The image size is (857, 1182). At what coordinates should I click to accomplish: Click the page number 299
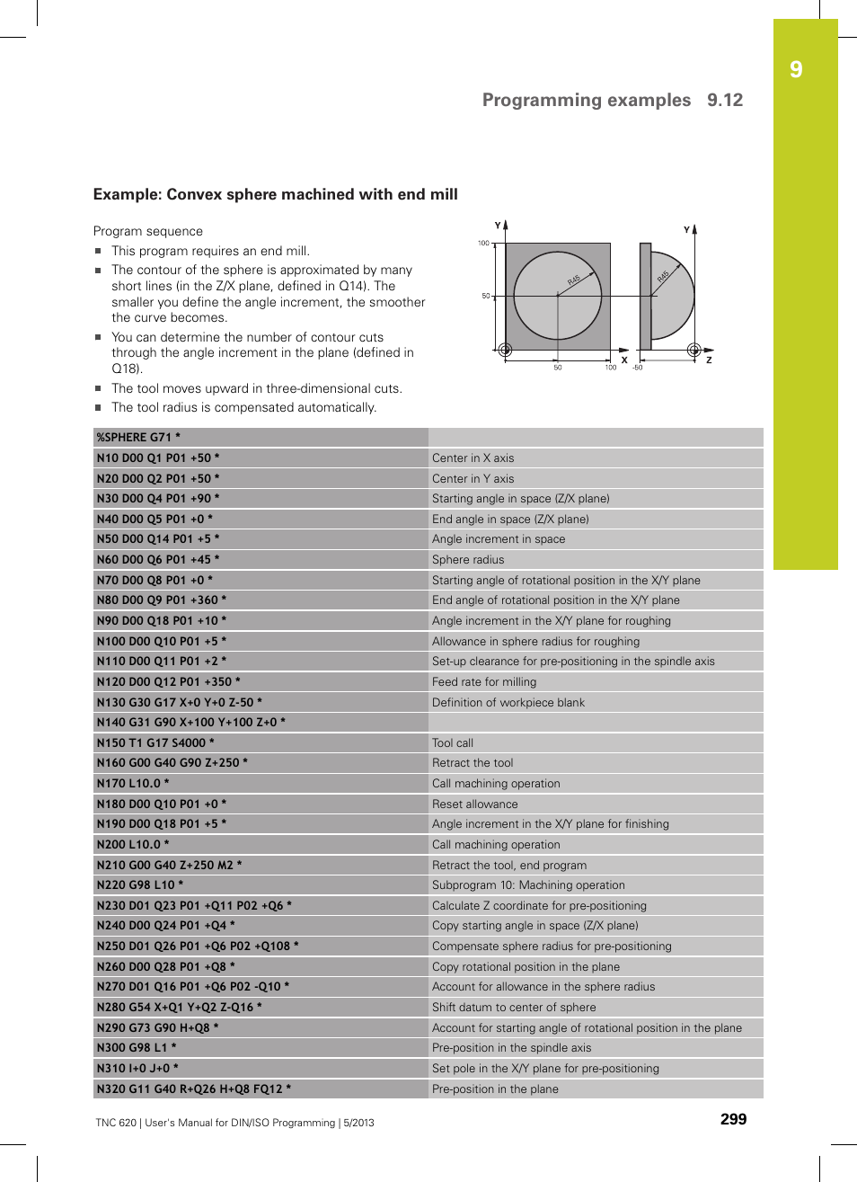point(733,1119)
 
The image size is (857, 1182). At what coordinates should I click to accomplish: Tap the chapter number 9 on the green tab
point(796,70)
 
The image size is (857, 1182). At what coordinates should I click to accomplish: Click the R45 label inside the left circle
point(574,280)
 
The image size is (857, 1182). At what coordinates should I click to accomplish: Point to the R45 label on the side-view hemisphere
point(663,276)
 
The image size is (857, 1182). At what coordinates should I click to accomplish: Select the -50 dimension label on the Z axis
point(638,368)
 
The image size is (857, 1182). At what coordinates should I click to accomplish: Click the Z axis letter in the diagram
point(709,360)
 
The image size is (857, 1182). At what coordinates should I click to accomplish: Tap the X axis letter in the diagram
point(624,360)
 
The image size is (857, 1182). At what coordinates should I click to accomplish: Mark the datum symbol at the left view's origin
point(505,350)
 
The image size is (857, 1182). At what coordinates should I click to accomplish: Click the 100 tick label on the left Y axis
point(483,244)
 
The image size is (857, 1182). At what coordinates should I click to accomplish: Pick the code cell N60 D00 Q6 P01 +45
point(158,559)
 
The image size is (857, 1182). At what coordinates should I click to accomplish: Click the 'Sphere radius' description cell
point(468,559)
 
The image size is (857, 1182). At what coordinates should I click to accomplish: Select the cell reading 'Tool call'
point(453,742)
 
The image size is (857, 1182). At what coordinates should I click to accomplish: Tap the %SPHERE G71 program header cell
point(138,438)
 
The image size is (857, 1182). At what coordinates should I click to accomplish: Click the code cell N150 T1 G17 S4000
point(155,742)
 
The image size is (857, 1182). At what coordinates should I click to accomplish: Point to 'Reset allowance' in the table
point(475,804)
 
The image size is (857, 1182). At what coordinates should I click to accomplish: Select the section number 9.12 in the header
point(725,100)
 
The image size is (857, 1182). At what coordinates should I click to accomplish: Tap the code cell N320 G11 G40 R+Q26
point(194,1089)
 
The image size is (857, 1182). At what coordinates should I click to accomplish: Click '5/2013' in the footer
point(358,1123)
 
